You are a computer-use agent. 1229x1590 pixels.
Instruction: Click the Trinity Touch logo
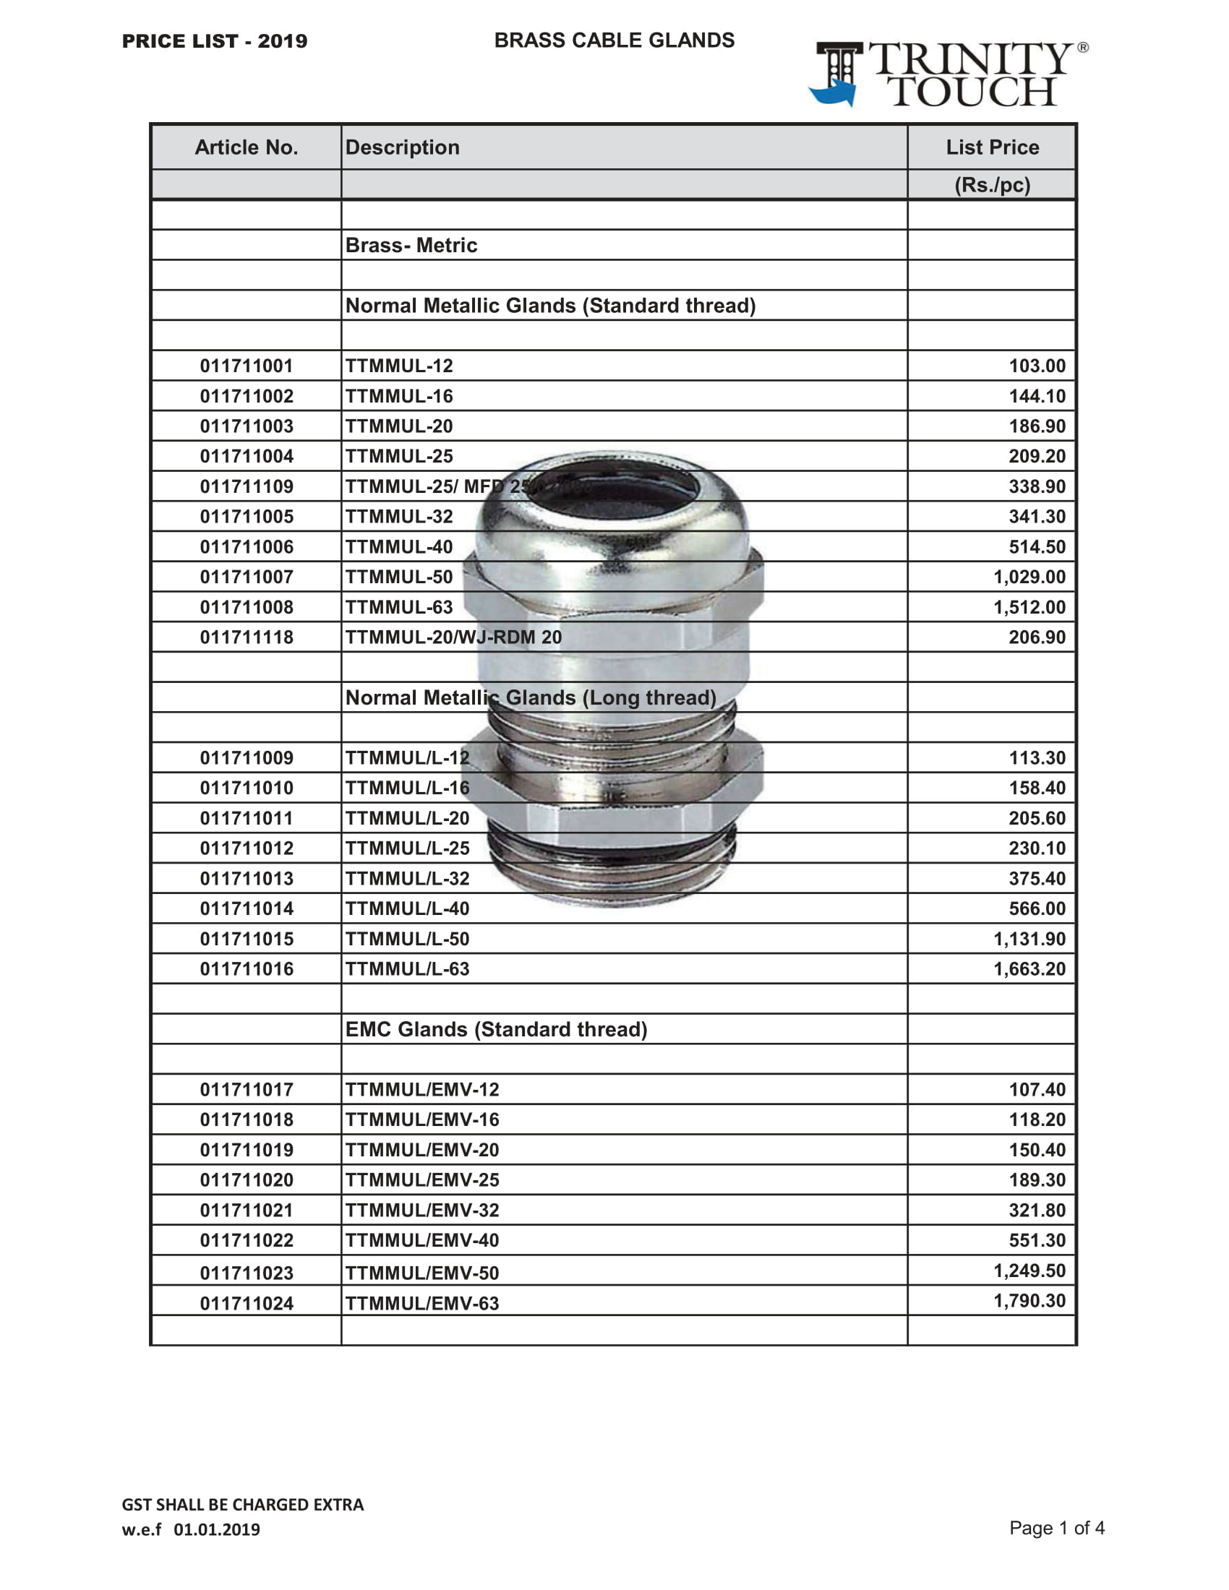tap(948, 74)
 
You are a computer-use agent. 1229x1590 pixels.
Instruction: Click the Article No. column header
tap(246, 147)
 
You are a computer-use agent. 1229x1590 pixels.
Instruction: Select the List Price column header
tap(992, 147)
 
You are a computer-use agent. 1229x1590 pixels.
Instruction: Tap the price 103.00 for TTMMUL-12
tap(1036, 366)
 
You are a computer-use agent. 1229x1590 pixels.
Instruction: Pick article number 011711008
tap(247, 607)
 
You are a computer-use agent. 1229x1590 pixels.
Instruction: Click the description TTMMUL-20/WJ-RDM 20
tap(453, 637)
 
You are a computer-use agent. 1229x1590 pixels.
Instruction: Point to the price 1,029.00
tap(1029, 577)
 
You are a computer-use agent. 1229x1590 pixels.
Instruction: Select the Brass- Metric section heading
tap(411, 245)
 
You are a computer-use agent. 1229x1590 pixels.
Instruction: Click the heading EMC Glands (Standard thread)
tap(496, 1029)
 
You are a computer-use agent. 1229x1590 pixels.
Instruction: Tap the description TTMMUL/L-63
tap(407, 969)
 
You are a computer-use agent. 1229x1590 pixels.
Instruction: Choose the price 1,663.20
tap(1029, 969)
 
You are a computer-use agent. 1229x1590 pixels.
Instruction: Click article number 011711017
tap(247, 1090)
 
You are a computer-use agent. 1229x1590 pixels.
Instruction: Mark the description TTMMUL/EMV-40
tap(422, 1240)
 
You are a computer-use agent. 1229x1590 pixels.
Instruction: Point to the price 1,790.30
tap(1029, 1301)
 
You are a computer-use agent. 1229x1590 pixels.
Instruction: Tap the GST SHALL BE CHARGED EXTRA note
tap(242, 1505)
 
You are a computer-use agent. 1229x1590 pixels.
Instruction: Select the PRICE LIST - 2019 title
tap(215, 41)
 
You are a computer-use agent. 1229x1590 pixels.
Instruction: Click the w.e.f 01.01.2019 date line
tap(191, 1529)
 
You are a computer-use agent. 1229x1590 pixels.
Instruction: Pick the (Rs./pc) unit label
tap(992, 185)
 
